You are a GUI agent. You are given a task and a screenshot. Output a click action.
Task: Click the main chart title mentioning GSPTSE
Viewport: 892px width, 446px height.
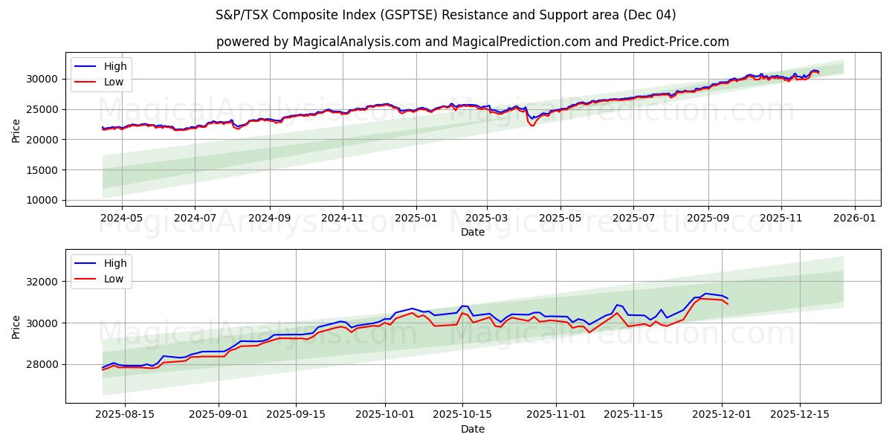[446, 15]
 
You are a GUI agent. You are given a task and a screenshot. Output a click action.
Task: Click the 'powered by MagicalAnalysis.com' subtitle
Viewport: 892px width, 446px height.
[473, 42]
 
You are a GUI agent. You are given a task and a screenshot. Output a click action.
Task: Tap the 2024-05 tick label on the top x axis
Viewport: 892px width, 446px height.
[121, 219]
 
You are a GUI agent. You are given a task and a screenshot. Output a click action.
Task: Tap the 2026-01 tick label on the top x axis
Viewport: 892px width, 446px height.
[854, 219]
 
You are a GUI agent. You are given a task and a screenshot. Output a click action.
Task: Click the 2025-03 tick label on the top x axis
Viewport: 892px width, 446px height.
[487, 219]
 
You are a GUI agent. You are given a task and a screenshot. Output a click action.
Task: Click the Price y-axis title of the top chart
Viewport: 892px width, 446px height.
[16, 130]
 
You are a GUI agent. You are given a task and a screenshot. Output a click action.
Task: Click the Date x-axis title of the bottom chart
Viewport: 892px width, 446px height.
[473, 429]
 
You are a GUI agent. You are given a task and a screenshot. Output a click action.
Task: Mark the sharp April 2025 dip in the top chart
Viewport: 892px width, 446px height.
[532, 124]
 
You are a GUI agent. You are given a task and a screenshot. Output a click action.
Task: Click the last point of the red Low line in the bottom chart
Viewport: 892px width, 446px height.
[728, 304]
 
